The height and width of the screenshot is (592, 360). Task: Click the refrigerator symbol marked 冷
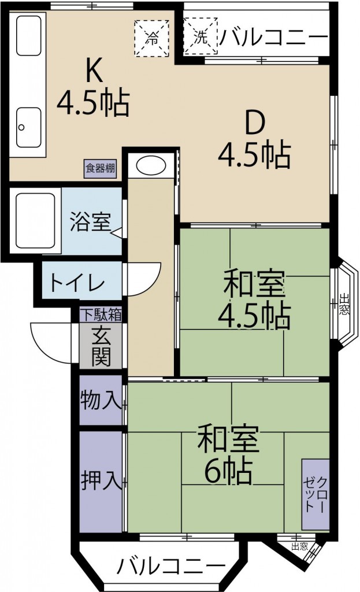(152, 38)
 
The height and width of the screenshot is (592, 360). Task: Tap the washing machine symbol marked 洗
(201, 36)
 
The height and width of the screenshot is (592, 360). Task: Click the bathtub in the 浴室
(35, 221)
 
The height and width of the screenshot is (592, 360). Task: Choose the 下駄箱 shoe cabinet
(101, 314)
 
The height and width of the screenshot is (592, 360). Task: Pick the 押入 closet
(101, 482)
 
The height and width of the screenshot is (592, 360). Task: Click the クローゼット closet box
(316, 494)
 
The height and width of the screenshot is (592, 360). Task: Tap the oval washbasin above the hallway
(151, 166)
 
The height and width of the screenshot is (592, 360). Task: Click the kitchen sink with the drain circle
(29, 127)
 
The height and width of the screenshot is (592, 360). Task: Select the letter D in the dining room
(255, 124)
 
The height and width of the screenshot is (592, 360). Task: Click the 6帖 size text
(228, 471)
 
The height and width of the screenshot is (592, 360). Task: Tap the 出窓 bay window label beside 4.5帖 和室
(344, 304)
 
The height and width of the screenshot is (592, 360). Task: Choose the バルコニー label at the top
(273, 37)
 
